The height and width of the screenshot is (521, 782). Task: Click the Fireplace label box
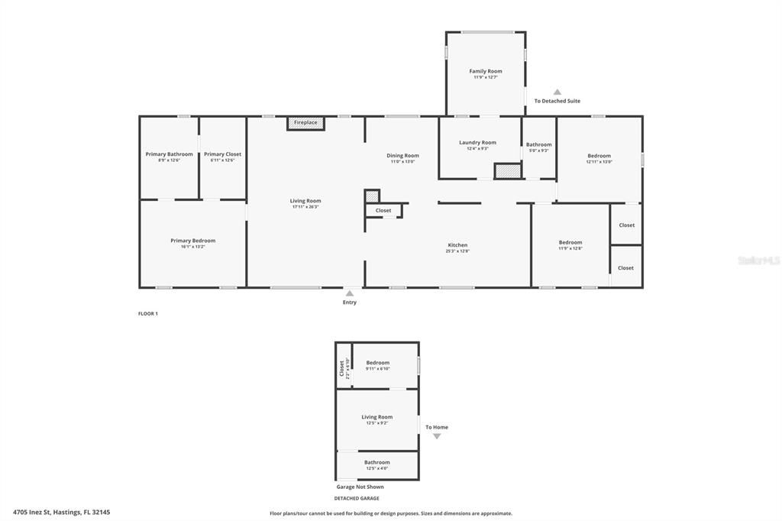coord(305,123)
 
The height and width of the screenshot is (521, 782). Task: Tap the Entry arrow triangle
coord(349,293)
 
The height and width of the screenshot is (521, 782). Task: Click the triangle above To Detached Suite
coord(557,92)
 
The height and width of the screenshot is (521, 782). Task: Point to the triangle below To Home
coord(437,436)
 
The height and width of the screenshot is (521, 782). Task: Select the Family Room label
coord(485,71)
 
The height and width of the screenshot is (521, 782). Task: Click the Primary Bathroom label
coord(169,154)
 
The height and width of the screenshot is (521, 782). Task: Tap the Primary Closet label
coord(222,154)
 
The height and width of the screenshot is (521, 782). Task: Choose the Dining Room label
coord(402,156)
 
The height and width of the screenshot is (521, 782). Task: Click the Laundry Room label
coord(477,142)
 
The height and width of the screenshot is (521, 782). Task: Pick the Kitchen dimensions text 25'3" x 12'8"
coord(457,251)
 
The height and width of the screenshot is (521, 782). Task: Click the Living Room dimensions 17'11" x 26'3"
coord(305,207)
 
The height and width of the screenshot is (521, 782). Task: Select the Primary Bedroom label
coord(192,241)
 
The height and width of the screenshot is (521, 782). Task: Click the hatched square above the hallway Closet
coord(372,196)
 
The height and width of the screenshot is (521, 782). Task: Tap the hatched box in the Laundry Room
coord(507,171)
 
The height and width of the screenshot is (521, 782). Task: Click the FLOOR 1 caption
coord(147,313)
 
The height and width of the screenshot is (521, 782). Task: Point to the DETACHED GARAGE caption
coord(356,498)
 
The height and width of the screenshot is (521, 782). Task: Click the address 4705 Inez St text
coord(61,513)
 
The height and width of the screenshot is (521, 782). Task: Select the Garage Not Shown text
coord(360,487)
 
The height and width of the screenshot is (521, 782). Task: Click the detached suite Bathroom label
coord(376,462)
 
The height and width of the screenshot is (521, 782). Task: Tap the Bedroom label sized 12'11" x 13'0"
coord(599,156)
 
